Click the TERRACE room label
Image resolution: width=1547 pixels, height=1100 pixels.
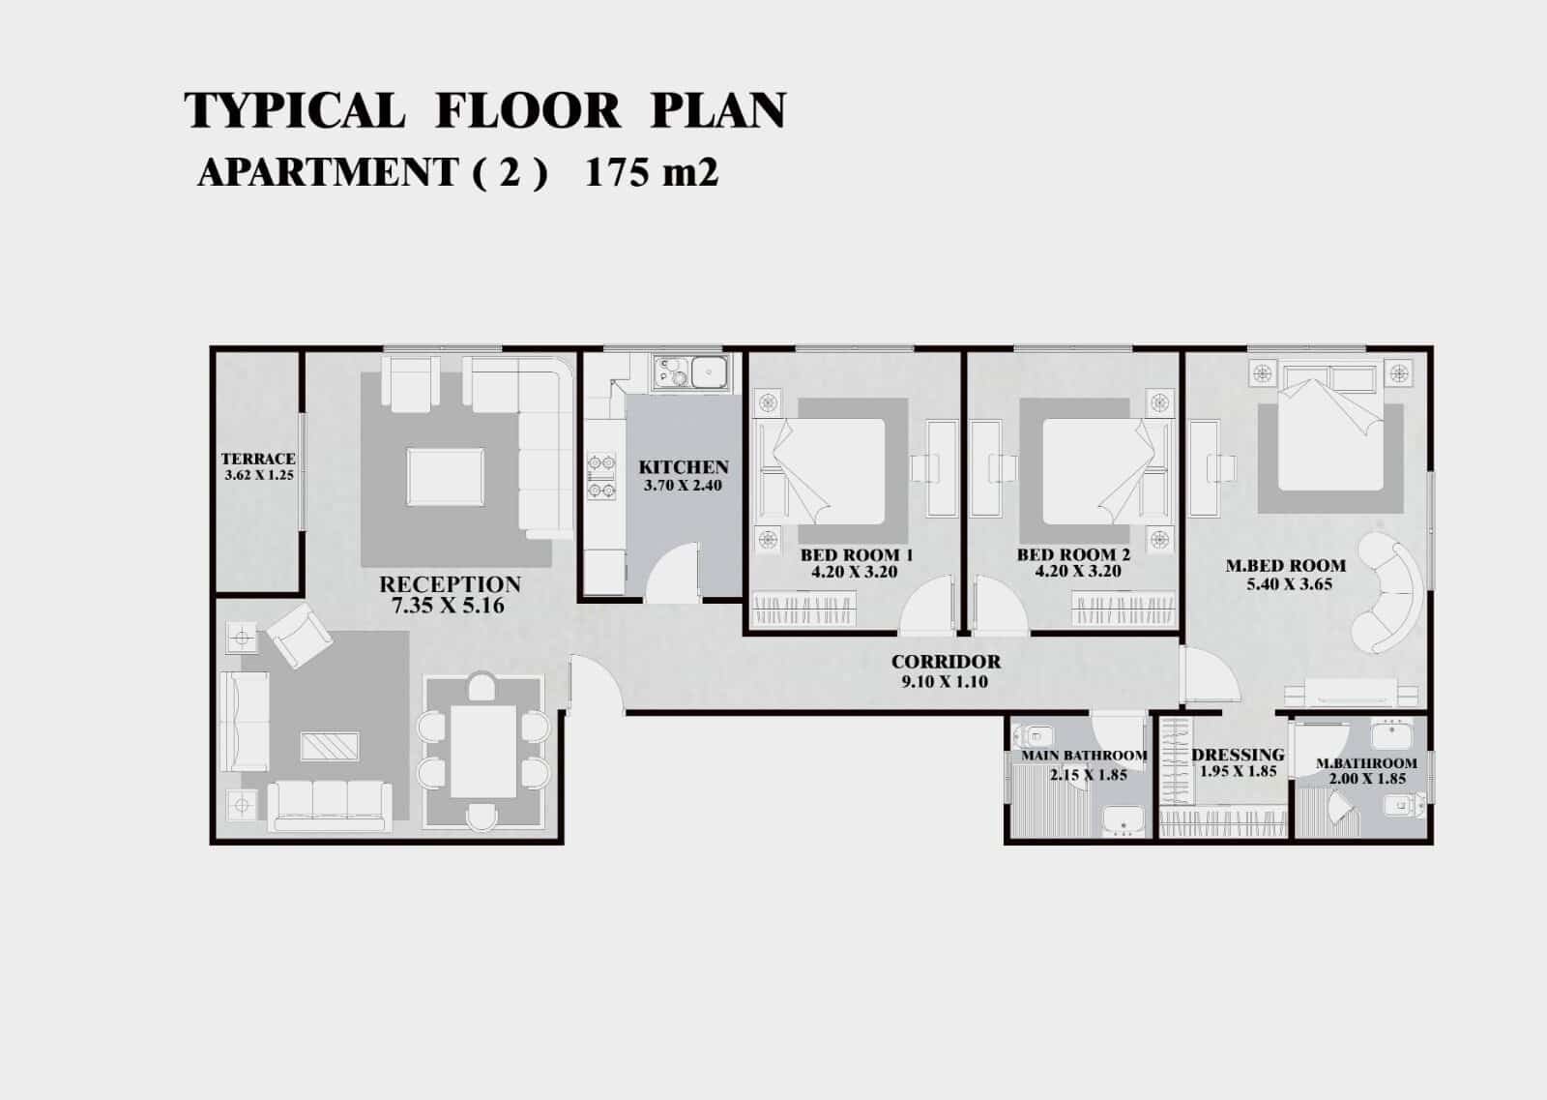[258, 459]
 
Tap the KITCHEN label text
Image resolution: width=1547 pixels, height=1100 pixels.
[683, 467]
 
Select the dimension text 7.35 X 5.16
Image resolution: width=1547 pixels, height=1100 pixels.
[448, 606]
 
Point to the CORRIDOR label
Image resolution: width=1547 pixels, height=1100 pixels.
[946, 661]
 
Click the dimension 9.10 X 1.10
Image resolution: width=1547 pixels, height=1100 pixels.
[944, 682]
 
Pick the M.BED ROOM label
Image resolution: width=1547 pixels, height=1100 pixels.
[1285, 565]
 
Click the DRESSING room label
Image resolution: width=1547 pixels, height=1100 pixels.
[1238, 755]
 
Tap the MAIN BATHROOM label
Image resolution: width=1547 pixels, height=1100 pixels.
[1084, 756]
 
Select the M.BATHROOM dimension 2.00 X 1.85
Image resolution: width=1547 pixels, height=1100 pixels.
[1367, 779]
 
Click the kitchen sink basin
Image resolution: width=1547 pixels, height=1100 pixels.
[710, 372]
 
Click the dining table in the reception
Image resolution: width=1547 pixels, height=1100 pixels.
[483, 751]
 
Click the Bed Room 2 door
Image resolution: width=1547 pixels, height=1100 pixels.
[1000, 605]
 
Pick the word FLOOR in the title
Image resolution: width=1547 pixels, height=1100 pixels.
[528, 110]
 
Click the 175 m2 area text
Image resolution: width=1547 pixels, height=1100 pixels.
[652, 173]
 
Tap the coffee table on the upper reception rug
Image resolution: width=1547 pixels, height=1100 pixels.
[446, 477]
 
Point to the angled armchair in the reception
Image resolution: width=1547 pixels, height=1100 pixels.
[300, 635]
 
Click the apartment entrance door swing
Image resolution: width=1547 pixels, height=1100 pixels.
[597, 683]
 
